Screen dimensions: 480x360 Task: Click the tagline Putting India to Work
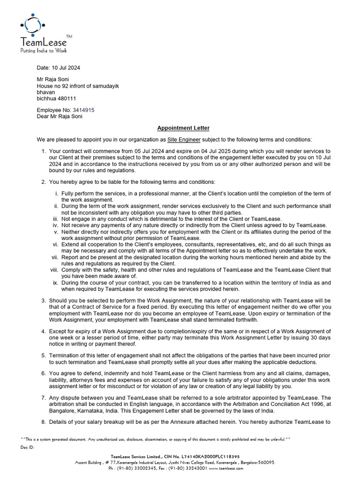(x=43, y=50)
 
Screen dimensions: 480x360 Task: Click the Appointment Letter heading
(x=183, y=128)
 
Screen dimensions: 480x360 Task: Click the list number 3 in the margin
(x=43, y=300)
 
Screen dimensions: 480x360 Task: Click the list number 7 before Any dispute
(x=43, y=398)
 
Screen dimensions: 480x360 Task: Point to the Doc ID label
(x=27, y=447)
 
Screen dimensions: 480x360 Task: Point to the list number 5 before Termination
(x=43, y=356)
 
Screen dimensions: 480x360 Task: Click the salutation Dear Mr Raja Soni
(x=59, y=116)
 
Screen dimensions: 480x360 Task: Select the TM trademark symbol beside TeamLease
(x=69, y=36)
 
